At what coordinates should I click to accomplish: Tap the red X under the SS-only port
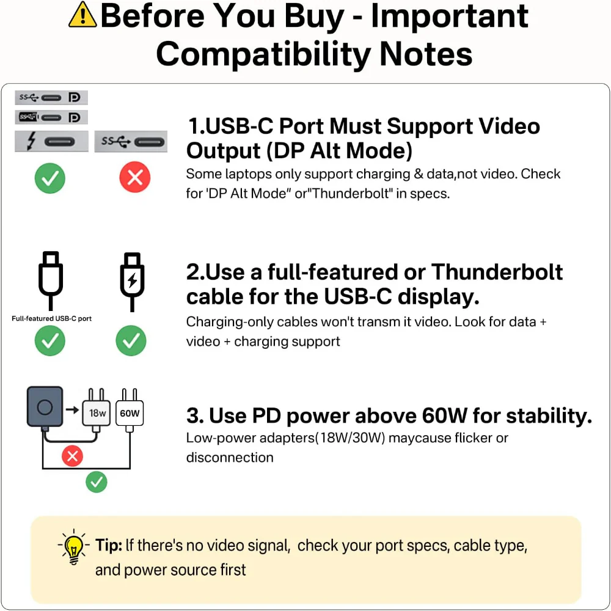pyautogui.click(x=135, y=177)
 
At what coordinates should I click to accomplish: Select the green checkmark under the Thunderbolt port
pyautogui.click(x=50, y=178)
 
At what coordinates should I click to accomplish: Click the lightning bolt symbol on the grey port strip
pyautogui.click(x=31, y=141)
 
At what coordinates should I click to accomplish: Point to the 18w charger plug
pyautogui.click(x=97, y=411)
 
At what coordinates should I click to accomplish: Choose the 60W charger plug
pyautogui.click(x=130, y=411)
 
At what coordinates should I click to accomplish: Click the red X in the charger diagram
pyautogui.click(x=73, y=456)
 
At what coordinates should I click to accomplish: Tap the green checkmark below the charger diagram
pyautogui.click(x=97, y=482)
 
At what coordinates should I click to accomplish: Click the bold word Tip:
pyautogui.click(x=109, y=545)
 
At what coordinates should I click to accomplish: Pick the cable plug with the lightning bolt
pyautogui.click(x=132, y=281)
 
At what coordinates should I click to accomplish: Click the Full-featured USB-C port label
pyautogui.click(x=51, y=318)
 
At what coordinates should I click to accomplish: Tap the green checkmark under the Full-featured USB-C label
pyautogui.click(x=50, y=340)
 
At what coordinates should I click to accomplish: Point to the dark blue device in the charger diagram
pyautogui.click(x=45, y=407)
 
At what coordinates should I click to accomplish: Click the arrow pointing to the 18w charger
pyautogui.click(x=72, y=409)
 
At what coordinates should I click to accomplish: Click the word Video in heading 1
pyautogui.click(x=510, y=126)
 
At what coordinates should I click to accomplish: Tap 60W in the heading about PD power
pyautogui.click(x=444, y=415)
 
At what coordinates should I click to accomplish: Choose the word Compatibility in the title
pyautogui.click(x=263, y=54)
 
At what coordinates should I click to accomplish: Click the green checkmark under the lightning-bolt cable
pyautogui.click(x=131, y=340)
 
